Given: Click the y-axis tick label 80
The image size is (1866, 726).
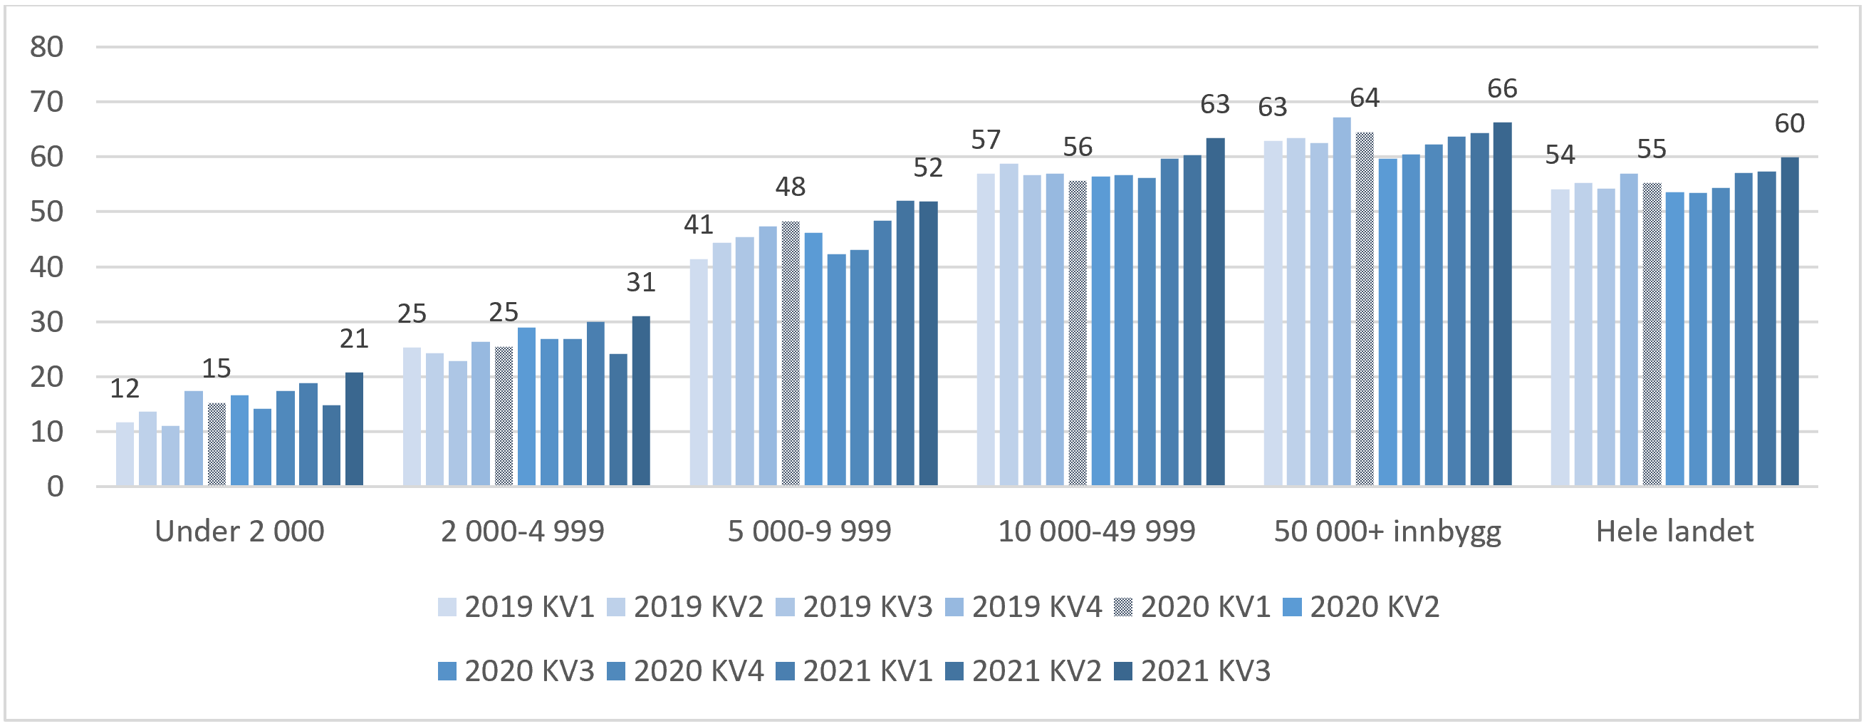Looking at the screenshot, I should pyautogui.click(x=46, y=48).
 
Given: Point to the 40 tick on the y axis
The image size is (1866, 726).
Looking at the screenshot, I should pyautogui.click(x=46, y=267).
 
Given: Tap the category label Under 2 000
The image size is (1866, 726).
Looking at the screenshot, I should pyautogui.click(x=239, y=531).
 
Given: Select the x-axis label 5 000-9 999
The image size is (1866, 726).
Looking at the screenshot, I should pyautogui.click(x=809, y=531).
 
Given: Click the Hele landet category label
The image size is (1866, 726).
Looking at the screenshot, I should pyautogui.click(x=1674, y=531).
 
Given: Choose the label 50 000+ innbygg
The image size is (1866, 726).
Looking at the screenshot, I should pyautogui.click(x=1387, y=531).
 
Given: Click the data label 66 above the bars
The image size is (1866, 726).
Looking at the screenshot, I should pyautogui.click(x=1501, y=89).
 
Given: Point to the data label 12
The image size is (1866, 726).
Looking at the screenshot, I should pyautogui.click(x=125, y=389).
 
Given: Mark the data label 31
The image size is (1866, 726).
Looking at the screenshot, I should pyautogui.click(x=640, y=283).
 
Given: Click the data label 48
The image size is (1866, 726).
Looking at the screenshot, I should pyautogui.click(x=790, y=187).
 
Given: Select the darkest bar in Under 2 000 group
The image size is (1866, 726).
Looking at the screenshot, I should pyautogui.click(x=354, y=429).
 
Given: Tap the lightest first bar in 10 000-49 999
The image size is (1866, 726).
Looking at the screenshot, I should pyautogui.click(x=985, y=330).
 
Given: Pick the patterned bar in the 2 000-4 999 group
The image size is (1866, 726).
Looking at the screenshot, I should pyautogui.click(x=504, y=416).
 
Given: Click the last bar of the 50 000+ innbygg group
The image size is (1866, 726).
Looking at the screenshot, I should pyautogui.click(x=1501, y=304).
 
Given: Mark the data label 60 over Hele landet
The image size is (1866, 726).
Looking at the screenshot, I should pyautogui.click(x=1788, y=124).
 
